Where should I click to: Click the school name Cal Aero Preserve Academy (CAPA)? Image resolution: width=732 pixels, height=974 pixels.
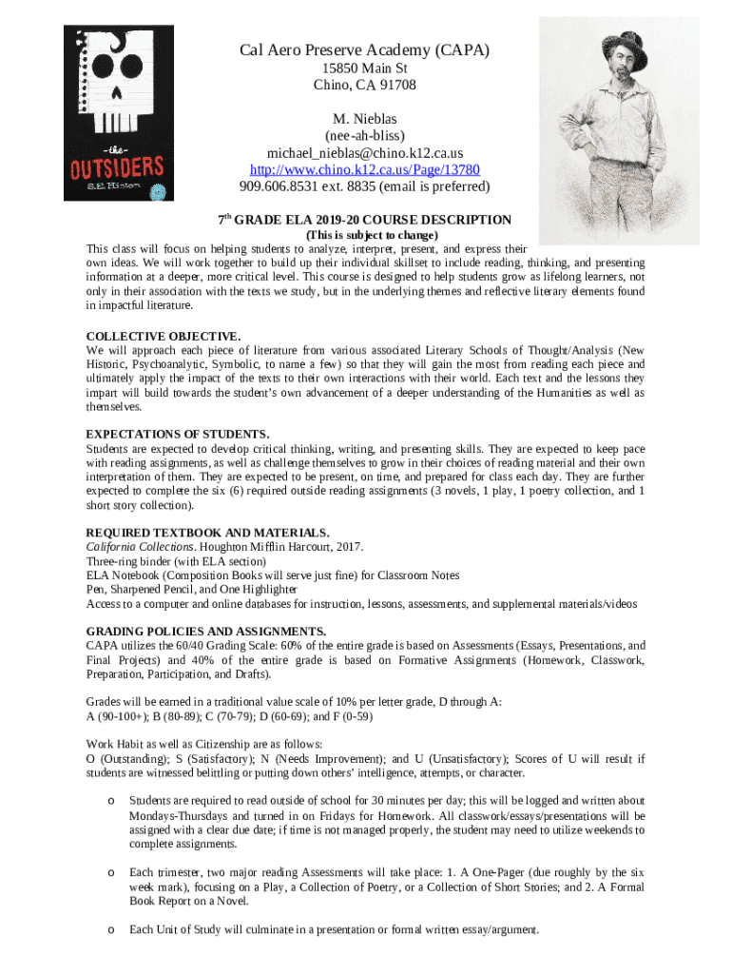pyautogui.click(x=365, y=50)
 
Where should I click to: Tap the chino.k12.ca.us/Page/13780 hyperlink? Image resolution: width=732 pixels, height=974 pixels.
pyautogui.click(x=365, y=169)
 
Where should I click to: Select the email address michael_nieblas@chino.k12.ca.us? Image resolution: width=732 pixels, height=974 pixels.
pyautogui.click(x=365, y=153)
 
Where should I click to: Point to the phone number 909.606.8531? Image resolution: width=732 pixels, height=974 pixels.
pyautogui.click(x=280, y=186)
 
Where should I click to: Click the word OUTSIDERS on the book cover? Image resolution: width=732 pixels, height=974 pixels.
pyautogui.click(x=119, y=167)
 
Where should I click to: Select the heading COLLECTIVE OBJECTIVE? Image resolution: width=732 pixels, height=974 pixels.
pyautogui.click(x=163, y=336)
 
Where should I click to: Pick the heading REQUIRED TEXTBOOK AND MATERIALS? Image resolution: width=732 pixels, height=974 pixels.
pyautogui.click(x=208, y=532)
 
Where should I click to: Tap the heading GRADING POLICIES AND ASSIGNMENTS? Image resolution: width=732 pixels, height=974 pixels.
pyautogui.click(x=206, y=631)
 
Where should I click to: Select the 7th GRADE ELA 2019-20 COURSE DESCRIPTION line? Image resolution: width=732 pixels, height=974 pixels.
pyautogui.click(x=365, y=219)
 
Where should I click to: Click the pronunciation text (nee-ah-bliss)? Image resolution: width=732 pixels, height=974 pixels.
pyautogui.click(x=365, y=136)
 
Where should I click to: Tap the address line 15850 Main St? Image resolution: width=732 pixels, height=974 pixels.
pyautogui.click(x=365, y=68)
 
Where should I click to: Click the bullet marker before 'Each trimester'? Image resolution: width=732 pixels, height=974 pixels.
pyautogui.click(x=111, y=872)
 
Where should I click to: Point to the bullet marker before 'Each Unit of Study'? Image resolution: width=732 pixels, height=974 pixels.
pyautogui.click(x=111, y=929)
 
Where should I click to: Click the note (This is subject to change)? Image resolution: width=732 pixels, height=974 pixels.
pyautogui.click(x=370, y=235)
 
